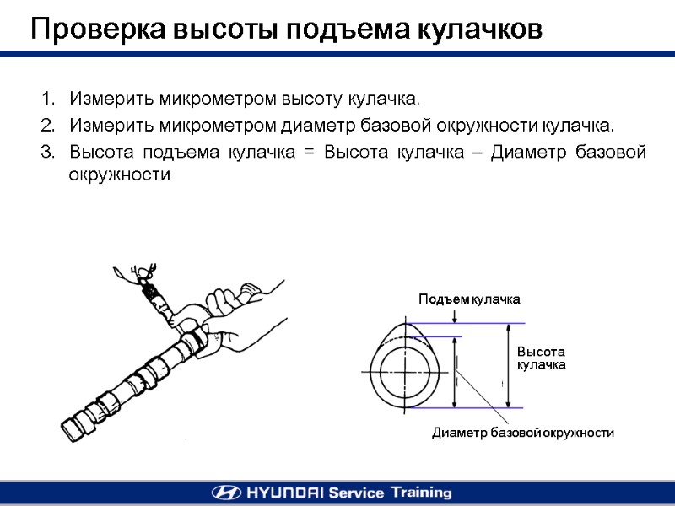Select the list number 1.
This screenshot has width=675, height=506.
(46, 100)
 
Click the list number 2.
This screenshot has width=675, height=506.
(46, 126)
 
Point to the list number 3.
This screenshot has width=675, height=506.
(46, 153)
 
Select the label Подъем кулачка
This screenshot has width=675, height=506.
(469, 299)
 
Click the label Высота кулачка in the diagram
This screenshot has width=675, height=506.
(540, 358)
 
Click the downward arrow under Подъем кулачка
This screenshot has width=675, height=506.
(455, 317)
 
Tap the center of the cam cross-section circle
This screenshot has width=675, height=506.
(407, 372)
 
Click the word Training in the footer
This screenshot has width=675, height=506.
(419, 493)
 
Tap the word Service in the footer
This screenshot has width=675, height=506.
(355, 493)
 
